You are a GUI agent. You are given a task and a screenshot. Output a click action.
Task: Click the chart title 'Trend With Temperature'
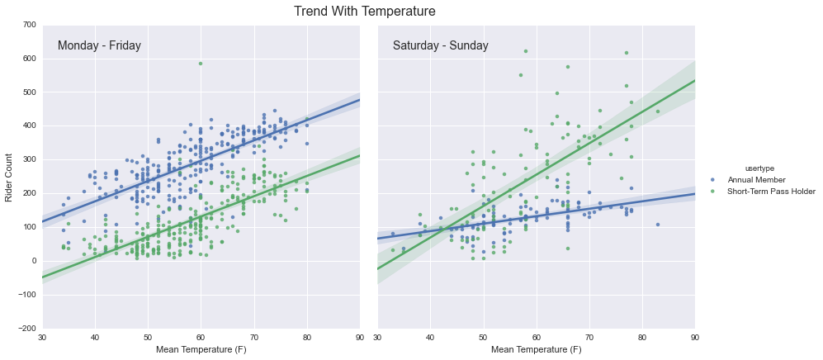[x=364, y=12]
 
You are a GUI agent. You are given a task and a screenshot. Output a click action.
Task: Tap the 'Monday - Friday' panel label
[x=99, y=46]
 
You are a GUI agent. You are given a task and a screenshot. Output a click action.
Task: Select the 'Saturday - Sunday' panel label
[x=440, y=46]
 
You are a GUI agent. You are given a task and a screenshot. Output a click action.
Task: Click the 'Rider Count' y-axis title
[x=9, y=177]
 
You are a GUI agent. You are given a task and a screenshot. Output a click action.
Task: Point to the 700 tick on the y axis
[x=29, y=25]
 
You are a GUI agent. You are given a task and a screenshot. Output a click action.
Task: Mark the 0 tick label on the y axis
[x=33, y=261]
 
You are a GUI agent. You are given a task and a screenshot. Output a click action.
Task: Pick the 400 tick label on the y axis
[x=29, y=126]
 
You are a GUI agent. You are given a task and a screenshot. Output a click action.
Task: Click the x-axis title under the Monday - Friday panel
[x=201, y=350]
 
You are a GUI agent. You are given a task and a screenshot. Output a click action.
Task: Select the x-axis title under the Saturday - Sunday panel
[x=536, y=350]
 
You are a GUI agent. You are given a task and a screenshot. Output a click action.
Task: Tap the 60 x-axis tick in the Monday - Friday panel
[x=201, y=337]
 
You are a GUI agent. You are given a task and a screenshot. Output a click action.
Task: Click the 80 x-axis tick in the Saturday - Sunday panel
[x=642, y=337]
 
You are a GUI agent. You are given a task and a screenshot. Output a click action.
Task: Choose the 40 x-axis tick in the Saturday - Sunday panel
[x=430, y=337]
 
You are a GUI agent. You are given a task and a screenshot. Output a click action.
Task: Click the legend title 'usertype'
[x=759, y=168]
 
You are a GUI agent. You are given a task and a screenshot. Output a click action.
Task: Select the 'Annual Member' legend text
[x=756, y=180]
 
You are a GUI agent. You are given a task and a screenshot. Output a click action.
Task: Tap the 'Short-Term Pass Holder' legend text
[x=771, y=192]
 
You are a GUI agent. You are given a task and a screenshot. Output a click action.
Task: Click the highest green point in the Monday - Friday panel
[x=201, y=64]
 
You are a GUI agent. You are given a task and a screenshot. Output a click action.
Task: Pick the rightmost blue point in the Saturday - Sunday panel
[x=658, y=225]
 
